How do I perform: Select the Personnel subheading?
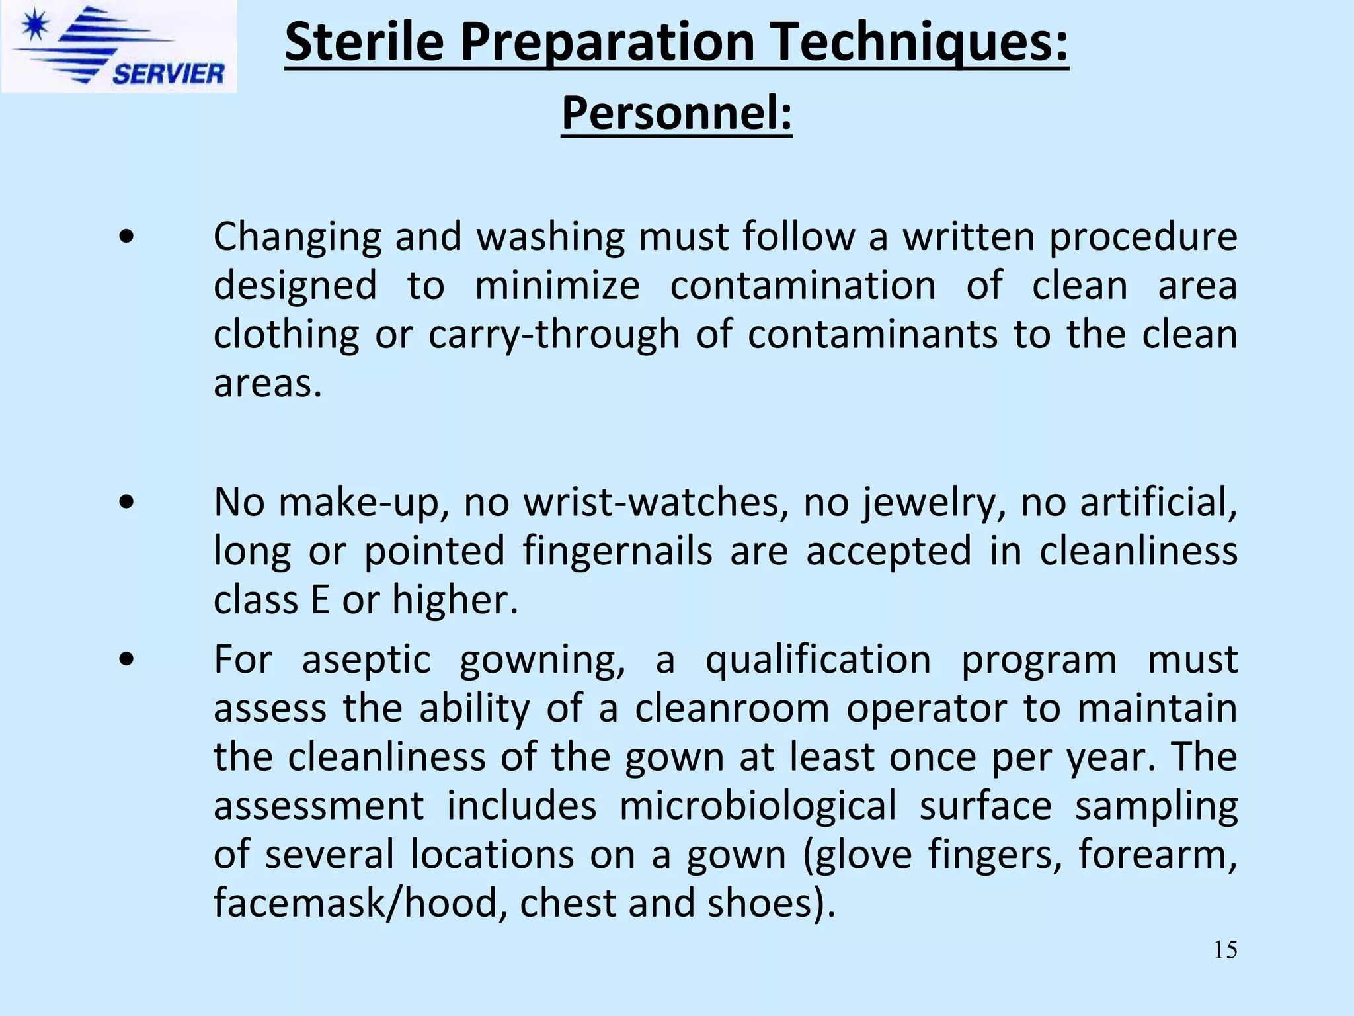[676, 114]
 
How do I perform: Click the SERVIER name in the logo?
[169, 73]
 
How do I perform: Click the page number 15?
[1225, 950]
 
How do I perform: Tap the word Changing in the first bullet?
[297, 237]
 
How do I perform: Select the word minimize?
[557, 286]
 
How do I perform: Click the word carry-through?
[554, 334]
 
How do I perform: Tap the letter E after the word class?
[319, 600]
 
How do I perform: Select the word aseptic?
[366, 659]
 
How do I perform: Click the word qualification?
[818, 659]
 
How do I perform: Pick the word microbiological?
[758, 806]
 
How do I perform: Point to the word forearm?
[1158, 854]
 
